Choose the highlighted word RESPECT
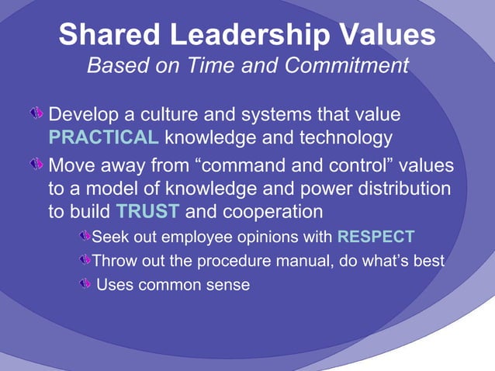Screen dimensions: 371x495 point(376,237)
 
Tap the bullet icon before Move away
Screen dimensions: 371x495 point(37,165)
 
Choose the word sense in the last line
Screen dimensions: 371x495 point(228,286)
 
